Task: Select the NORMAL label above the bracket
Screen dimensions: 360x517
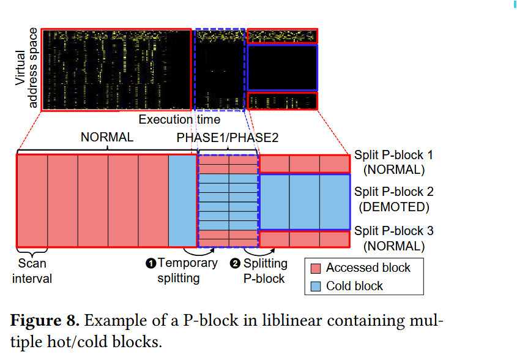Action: click(x=107, y=138)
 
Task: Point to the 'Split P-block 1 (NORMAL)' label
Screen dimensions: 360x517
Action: click(x=393, y=162)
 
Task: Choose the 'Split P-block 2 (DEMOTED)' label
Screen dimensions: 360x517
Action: click(x=393, y=200)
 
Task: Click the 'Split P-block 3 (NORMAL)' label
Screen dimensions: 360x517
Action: click(x=393, y=239)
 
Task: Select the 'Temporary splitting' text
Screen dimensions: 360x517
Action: click(x=187, y=271)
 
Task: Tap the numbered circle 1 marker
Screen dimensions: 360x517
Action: click(x=151, y=264)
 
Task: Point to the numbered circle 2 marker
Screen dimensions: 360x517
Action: click(x=236, y=264)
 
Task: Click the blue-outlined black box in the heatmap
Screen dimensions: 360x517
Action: click(x=282, y=67)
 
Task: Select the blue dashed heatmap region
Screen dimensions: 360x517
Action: click(x=220, y=69)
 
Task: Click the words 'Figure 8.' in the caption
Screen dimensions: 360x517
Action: click(x=43, y=320)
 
